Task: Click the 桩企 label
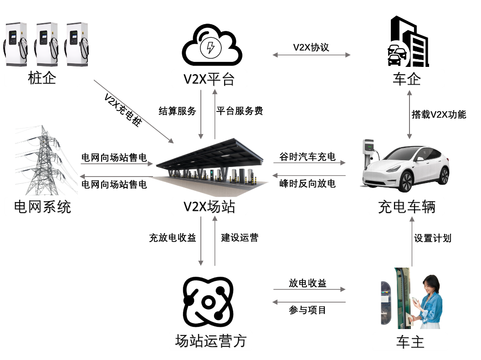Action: (x=42, y=78)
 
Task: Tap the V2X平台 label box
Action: (x=209, y=79)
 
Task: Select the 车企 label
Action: (x=406, y=79)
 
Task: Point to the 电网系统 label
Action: (x=42, y=207)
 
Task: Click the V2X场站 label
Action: (x=209, y=207)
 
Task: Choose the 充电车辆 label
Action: (x=406, y=207)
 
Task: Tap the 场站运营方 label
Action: (x=210, y=341)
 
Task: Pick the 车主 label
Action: (x=410, y=342)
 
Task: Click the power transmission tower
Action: (x=44, y=162)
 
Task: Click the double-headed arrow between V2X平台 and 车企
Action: (x=312, y=55)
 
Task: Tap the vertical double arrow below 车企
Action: (x=409, y=114)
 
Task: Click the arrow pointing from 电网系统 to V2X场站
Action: (x=117, y=164)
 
